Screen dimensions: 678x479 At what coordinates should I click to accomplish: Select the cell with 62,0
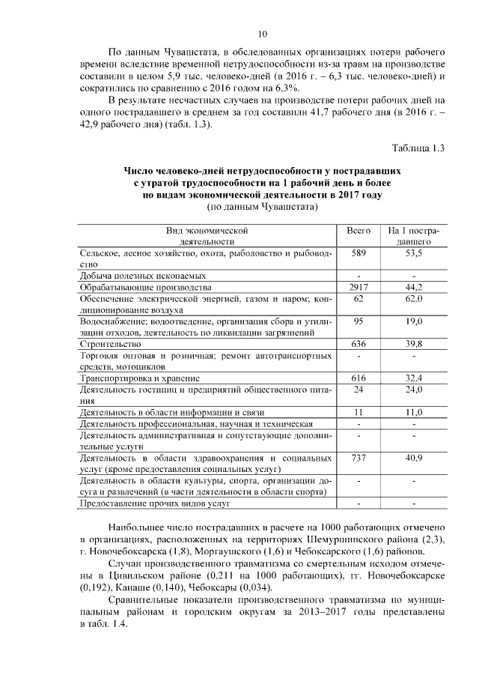[x=414, y=299]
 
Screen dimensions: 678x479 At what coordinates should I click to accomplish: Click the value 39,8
[x=414, y=344]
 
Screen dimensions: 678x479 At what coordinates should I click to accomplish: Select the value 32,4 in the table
[x=414, y=378]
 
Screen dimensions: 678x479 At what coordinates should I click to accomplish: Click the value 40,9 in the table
[x=414, y=457]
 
